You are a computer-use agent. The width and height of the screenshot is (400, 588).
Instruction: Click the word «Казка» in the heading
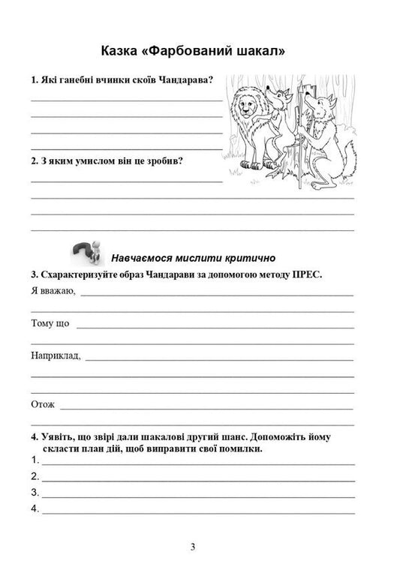[x=124, y=52]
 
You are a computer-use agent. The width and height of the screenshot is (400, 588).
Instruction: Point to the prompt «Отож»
[x=43, y=405]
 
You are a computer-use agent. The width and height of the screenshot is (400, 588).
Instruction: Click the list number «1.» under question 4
[x=35, y=460]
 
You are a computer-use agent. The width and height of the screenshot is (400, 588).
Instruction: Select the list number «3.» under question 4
[x=35, y=493]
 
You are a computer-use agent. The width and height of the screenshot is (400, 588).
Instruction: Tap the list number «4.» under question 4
[x=35, y=509]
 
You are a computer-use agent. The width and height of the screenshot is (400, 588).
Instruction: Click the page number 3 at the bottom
[x=193, y=547]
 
